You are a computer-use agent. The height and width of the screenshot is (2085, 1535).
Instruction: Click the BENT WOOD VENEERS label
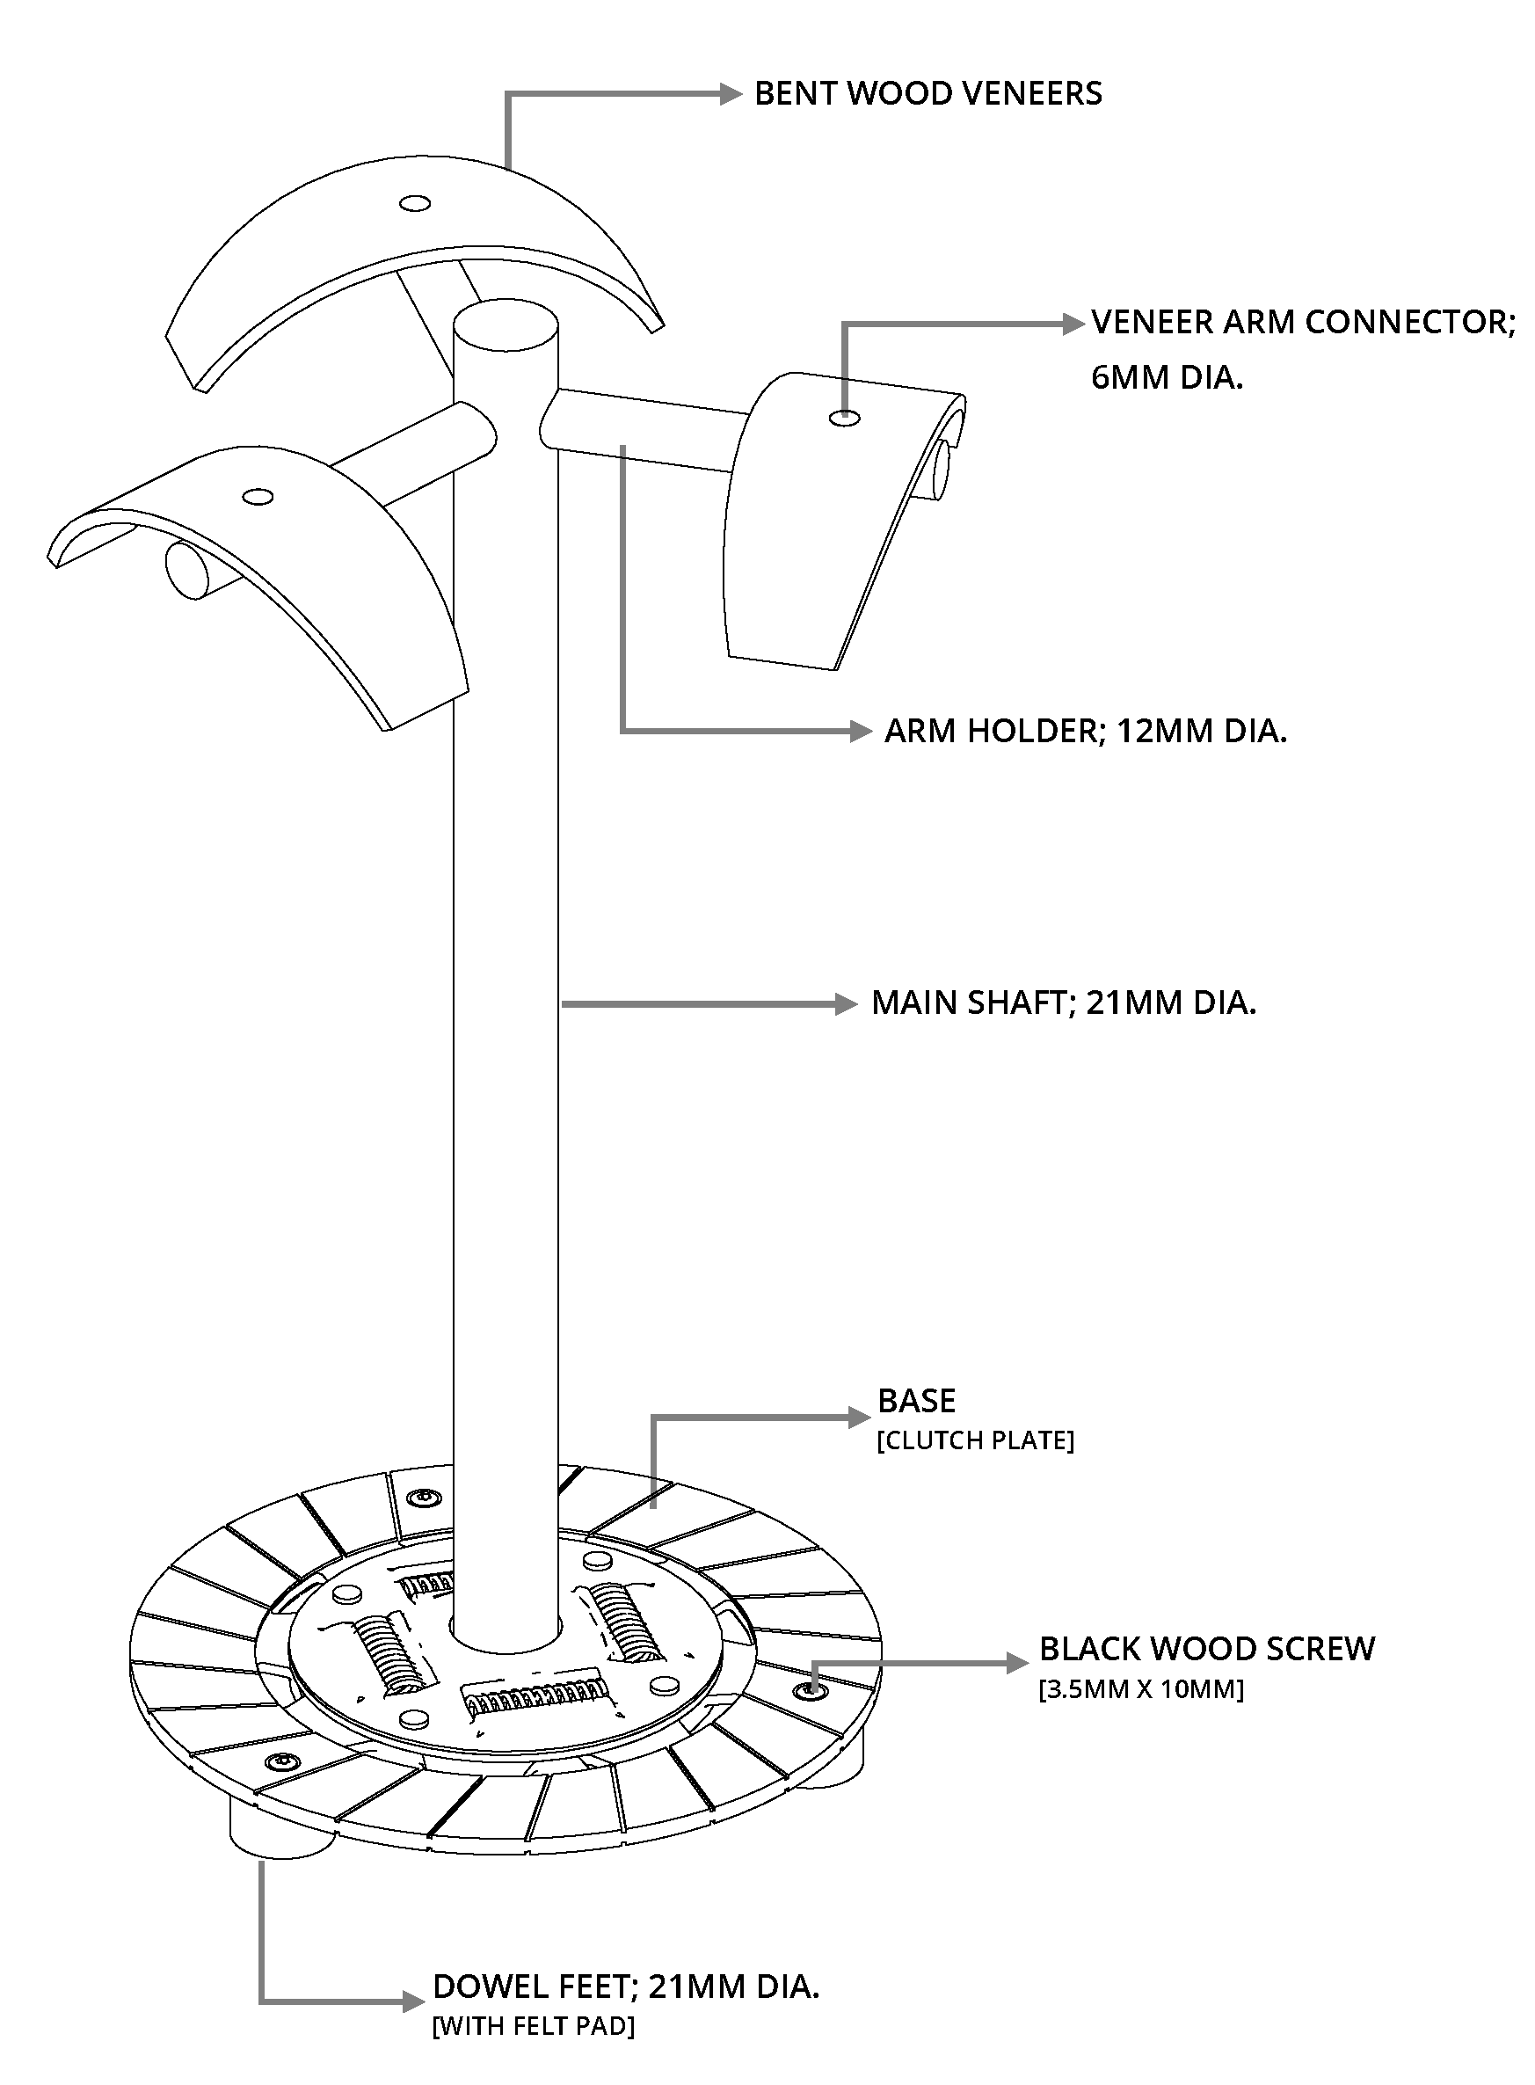click(928, 94)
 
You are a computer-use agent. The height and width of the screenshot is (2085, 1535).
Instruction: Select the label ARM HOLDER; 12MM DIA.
click(1085, 732)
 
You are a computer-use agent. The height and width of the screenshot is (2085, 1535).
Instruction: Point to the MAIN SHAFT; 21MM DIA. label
click(1064, 1002)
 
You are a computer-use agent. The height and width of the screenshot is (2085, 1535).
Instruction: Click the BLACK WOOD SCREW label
click(1207, 1649)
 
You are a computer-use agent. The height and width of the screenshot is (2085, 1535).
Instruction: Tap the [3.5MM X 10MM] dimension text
click(1141, 1688)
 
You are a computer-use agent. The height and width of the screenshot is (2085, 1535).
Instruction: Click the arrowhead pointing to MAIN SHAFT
click(847, 1003)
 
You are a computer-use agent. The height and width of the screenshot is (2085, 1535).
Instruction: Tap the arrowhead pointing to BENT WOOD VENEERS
click(731, 93)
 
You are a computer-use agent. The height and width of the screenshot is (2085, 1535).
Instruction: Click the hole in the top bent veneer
click(414, 203)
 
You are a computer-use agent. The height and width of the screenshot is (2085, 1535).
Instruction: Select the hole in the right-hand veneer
click(845, 418)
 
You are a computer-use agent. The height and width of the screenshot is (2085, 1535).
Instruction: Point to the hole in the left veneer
click(258, 497)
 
